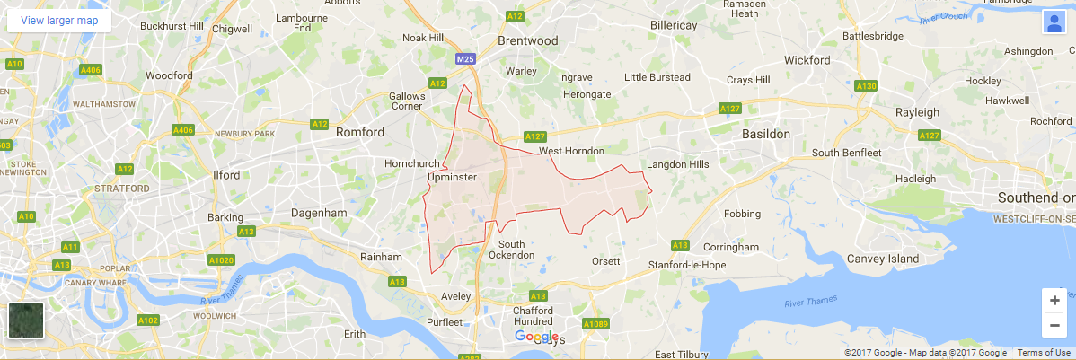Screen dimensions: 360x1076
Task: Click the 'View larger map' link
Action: coord(59,20)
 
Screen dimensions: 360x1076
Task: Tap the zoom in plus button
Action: coord(1054,301)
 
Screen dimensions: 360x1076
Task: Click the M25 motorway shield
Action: coord(464,59)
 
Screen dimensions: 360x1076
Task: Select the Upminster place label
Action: coord(452,179)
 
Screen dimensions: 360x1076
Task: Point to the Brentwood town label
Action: coord(528,40)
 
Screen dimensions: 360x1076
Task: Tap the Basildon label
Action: coord(766,133)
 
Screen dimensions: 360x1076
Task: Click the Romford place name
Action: coord(359,132)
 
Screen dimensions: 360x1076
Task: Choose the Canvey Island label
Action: coord(883,259)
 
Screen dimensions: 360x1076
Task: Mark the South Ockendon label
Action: coord(511,250)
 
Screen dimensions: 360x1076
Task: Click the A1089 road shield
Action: coord(595,323)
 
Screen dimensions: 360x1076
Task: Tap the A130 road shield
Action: coord(866,86)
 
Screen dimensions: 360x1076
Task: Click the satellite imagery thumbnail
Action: coord(26,320)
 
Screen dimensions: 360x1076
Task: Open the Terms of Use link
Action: coord(1042,352)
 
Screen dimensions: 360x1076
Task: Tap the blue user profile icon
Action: coord(1053,22)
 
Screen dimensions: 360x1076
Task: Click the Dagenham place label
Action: coord(319,213)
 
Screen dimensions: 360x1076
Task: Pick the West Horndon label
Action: coord(571,150)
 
